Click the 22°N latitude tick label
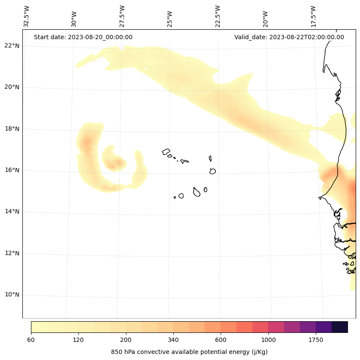[x=12, y=46]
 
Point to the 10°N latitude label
[x=12, y=295]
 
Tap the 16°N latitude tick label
[x=12, y=170]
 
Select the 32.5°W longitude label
[x=27, y=16]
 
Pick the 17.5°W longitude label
[x=313, y=16]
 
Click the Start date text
[x=83, y=37]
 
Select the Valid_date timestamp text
[x=289, y=37]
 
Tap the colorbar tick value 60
[x=31, y=340]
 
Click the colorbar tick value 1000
[x=268, y=340]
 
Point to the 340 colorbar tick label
[x=173, y=340]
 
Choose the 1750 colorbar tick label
[x=316, y=340]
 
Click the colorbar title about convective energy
[x=189, y=352]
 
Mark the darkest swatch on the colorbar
[x=340, y=327]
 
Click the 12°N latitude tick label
[x=12, y=253]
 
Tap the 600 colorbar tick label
[x=221, y=340]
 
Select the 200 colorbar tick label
[x=126, y=340]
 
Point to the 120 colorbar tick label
[x=78, y=340]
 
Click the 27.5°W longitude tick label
[x=122, y=16]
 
